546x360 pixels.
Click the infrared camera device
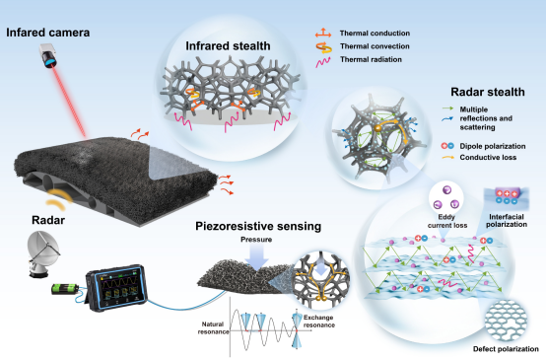pos(48,55)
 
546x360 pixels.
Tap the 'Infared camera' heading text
pos(48,33)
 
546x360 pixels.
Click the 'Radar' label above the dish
pos(48,220)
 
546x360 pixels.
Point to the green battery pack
pos(65,289)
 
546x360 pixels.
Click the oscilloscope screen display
pos(118,285)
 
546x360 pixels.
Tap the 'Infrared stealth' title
pos(228,46)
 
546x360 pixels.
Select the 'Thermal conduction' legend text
pos(375,34)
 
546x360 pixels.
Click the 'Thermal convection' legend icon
pos(323,47)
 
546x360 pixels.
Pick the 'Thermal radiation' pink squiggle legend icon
pos(323,61)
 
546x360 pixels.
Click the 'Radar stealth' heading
pos(488,92)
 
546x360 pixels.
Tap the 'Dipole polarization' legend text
pos(493,146)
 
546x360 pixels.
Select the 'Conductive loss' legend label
pos(488,158)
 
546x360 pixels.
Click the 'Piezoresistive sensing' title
pos(258,226)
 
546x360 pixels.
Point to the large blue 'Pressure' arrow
pos(256,257)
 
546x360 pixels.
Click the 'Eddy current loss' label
pos(447,221)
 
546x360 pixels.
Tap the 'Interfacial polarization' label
pos(507,221)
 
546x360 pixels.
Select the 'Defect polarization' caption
pos(506,349)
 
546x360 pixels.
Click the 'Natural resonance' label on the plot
pos(213,327)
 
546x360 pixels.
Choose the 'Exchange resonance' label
pos(318,322)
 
